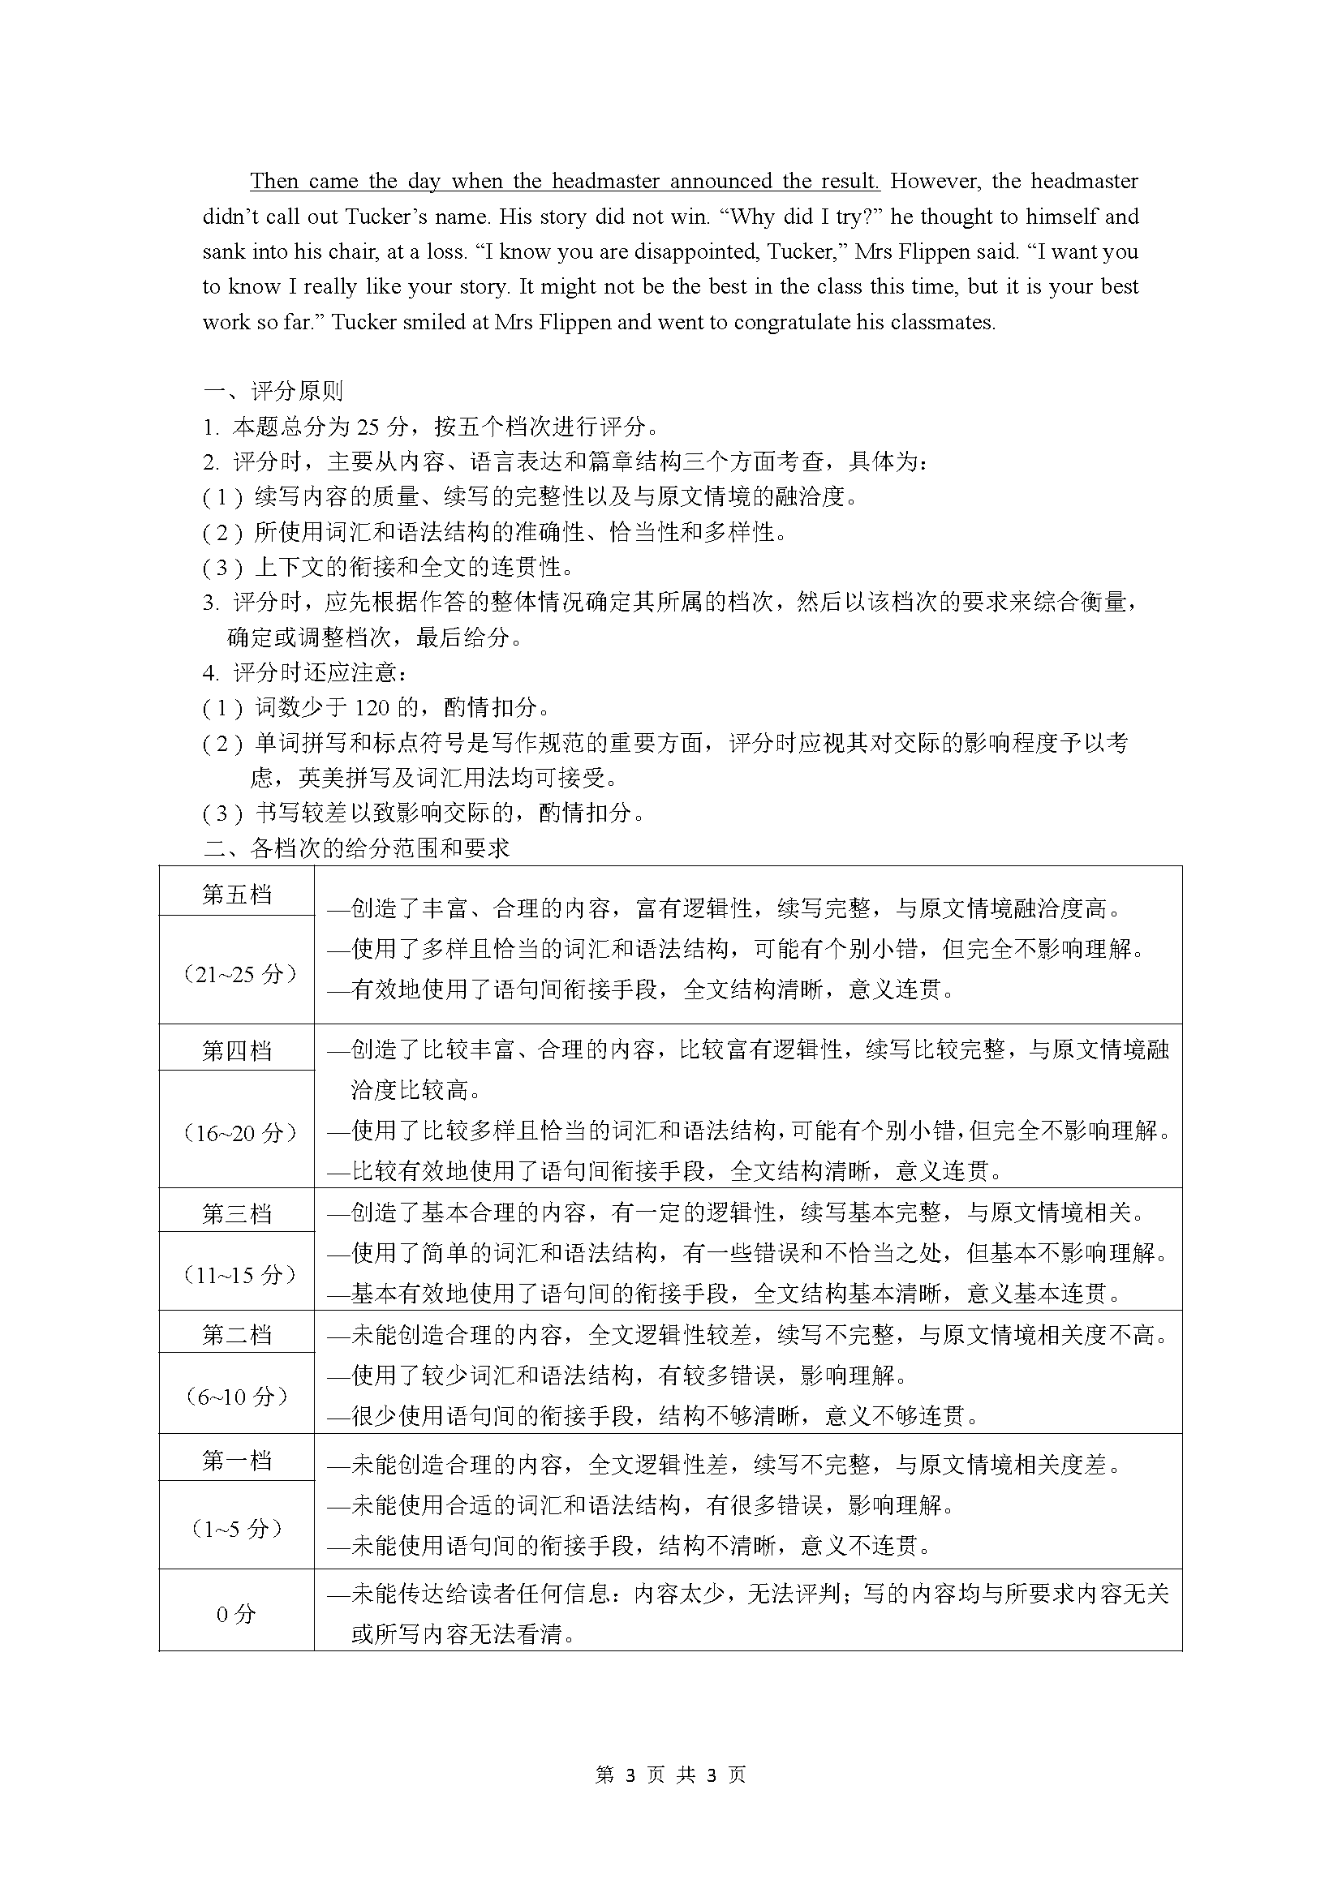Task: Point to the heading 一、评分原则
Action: pos(273,391)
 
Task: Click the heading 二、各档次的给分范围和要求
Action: pos(357,848)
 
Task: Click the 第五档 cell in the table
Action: pos(236,894)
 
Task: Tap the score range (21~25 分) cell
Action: pos(237,973)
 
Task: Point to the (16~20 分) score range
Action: pos(237,1132)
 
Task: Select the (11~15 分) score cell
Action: pos(237,1274)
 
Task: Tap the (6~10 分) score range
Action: pos(237,1397)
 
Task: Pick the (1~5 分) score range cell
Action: pos(237,1529)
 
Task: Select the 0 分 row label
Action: pos(236,1614)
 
